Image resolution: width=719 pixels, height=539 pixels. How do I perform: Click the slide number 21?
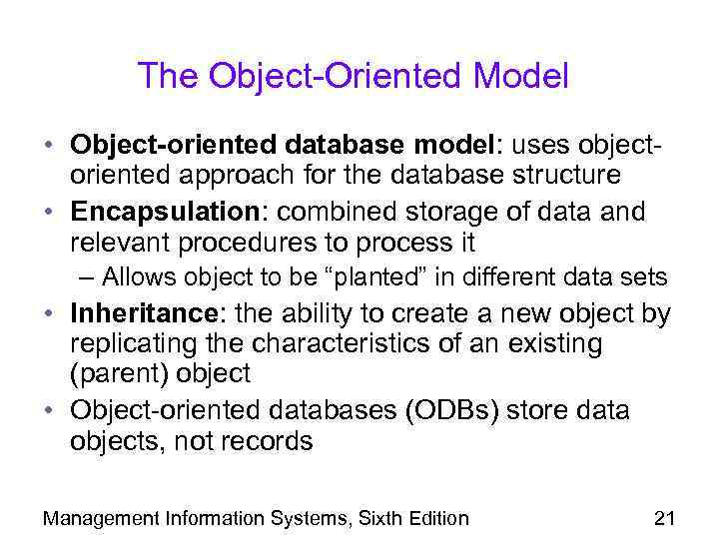click(x=664, y=517)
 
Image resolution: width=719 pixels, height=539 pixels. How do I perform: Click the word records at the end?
click(x=263, y=440)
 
